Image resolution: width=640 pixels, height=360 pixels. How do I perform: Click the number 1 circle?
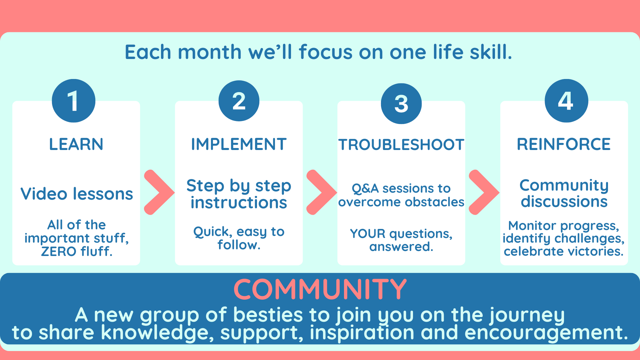coord(74,101)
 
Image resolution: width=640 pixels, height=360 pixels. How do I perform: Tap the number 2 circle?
coord(239,101)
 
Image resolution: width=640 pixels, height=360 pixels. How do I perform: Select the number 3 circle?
coord(401,104)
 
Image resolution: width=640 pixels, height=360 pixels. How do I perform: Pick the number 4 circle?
coord(566,101)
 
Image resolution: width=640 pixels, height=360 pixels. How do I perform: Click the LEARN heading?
coord(76,144)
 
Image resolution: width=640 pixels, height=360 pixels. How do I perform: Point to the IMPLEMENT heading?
coord(239,144)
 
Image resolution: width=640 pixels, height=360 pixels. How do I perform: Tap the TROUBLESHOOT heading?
coord(401,145)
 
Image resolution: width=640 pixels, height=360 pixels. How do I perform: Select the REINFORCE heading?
coord(564,144)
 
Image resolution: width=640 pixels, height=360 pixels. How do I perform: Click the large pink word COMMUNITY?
coord(320,289)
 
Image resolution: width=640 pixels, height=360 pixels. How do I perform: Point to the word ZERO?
coord(59,251)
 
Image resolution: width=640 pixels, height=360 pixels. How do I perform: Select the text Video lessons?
coord(77,194)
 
